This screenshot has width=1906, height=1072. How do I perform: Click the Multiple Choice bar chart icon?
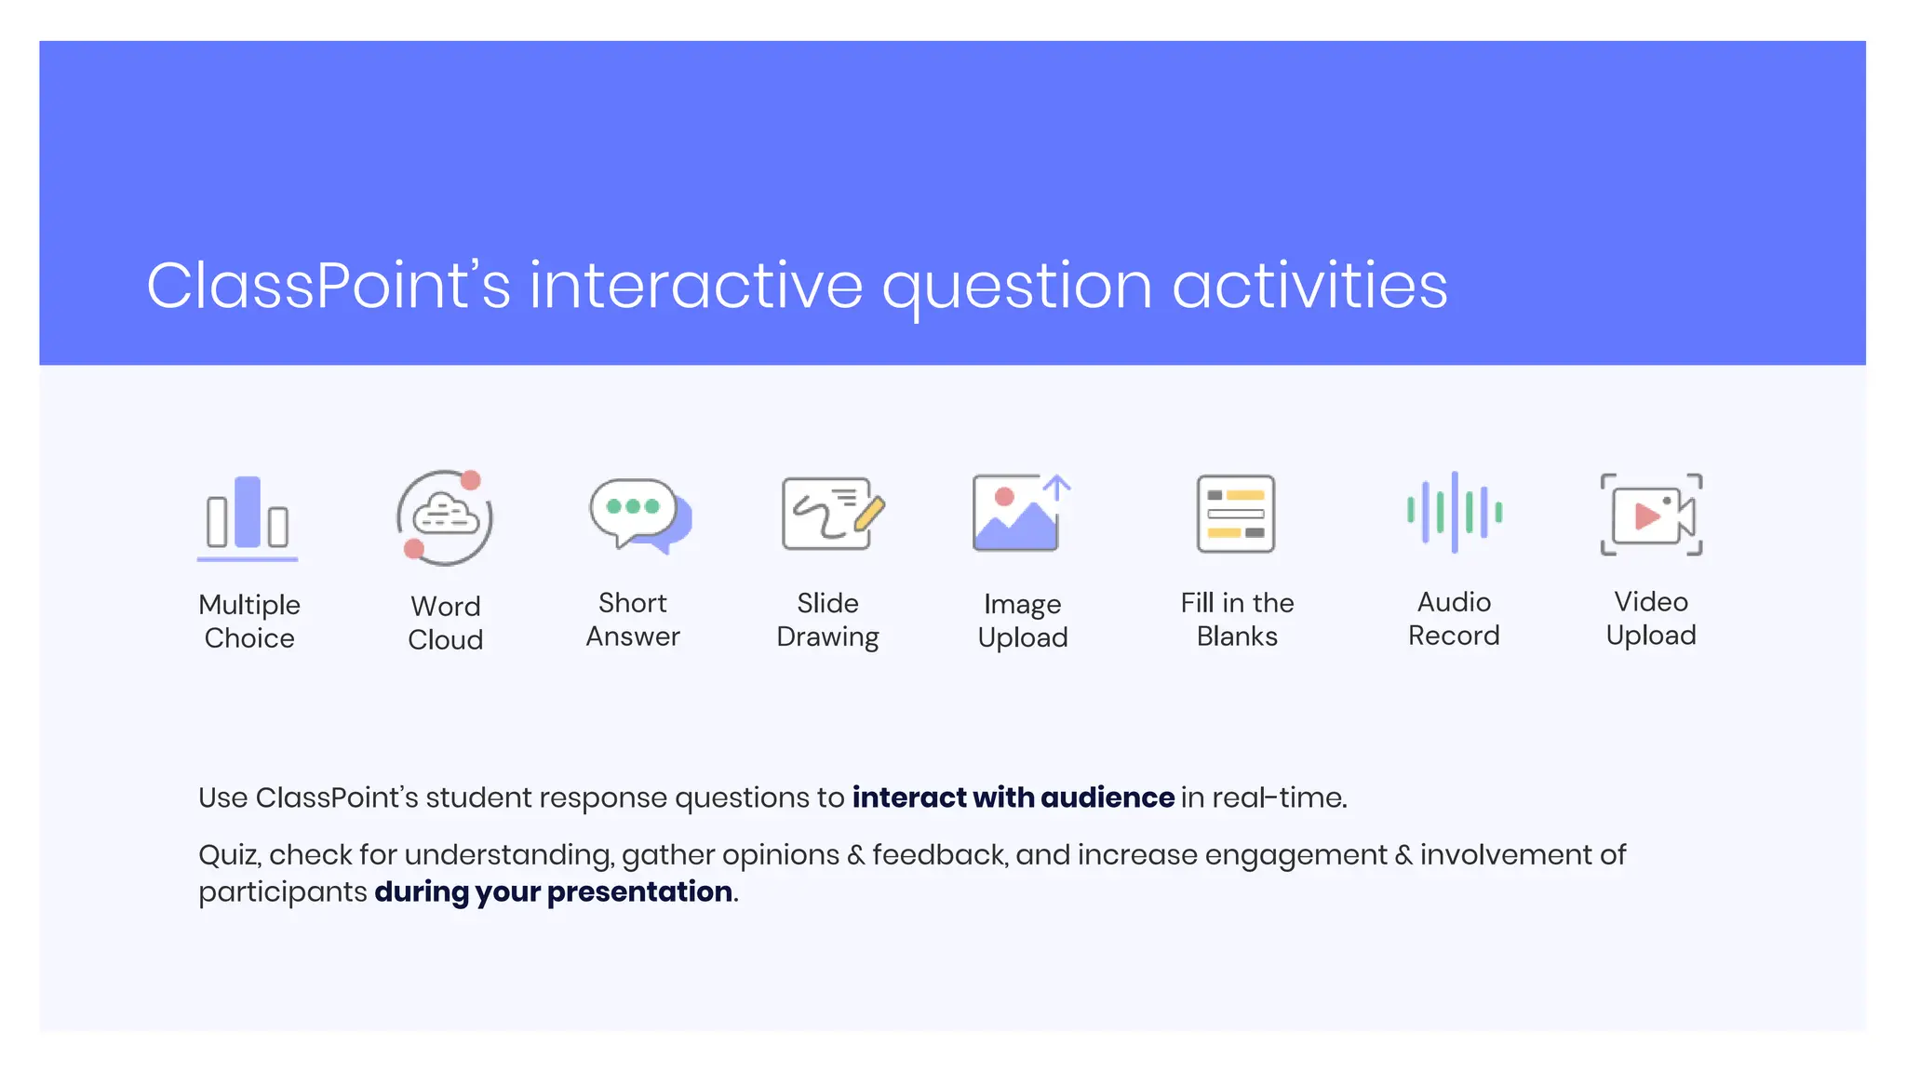pos(248,516)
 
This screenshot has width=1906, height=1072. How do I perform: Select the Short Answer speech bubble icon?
pos(638,515)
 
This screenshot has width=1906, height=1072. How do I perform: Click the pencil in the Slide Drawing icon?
pos(868,514)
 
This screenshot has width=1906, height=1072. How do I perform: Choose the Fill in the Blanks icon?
pos(1235,514)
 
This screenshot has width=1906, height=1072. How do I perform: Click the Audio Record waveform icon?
pos(1454,512)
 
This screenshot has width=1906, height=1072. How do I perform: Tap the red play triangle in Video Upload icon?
pos(1646,516)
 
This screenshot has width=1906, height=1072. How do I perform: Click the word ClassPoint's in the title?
pos(328,286)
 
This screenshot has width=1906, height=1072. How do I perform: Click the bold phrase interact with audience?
pos(1013,797)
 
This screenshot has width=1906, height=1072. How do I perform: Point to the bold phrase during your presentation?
pos(553,891)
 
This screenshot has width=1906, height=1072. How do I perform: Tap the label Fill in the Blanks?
pos(1237,620)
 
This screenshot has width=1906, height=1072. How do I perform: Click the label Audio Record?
pos(1454,619)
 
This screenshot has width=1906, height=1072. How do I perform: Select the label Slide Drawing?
pos(827,620)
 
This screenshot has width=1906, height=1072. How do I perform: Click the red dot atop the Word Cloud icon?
pos(471,480)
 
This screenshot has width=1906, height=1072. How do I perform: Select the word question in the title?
pos(1017,288)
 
